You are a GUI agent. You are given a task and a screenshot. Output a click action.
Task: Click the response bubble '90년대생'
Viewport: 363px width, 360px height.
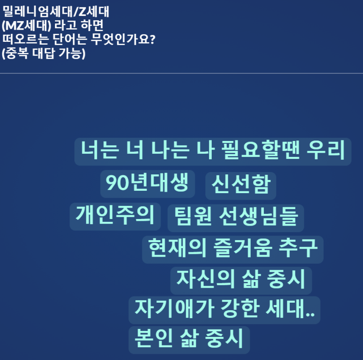click(147, 184)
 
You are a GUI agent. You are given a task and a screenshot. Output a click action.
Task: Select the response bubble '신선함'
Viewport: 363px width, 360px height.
click(240, 185)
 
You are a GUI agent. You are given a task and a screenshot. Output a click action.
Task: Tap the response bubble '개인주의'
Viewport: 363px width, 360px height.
click(115, 216)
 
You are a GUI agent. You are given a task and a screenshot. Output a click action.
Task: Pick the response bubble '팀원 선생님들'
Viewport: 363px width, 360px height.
click(236, 217)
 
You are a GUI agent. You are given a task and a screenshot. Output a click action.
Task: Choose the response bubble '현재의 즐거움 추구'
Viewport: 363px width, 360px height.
click(232, 249)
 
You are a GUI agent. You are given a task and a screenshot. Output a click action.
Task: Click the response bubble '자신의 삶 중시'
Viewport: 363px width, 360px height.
click(240, 280)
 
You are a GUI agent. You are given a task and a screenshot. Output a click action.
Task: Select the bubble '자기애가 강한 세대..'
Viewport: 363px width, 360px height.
click(224, 309)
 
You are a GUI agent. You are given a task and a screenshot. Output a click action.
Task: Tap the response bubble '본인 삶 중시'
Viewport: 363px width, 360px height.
click(189, 339)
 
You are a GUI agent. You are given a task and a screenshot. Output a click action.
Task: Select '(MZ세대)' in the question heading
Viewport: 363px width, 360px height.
click(26, 24)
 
